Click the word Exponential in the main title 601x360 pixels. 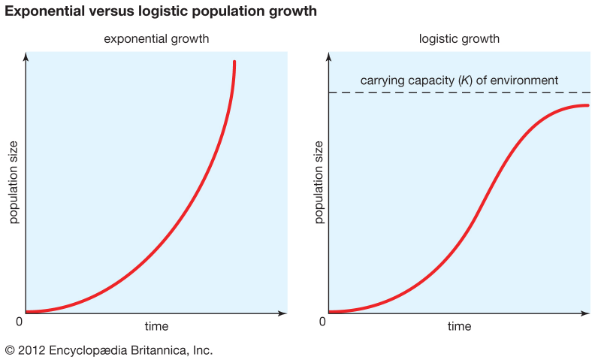(45, 11)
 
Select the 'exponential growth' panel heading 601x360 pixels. (156, 38)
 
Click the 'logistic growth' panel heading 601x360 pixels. (459, 38)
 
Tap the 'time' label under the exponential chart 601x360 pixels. (156, 326)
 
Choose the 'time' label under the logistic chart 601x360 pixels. (459, 326)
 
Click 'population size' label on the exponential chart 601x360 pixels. (13, 182)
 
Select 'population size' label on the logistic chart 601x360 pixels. (318, 182)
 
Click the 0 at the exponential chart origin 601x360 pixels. (20, 322)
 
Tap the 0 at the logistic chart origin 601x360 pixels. (322, 322)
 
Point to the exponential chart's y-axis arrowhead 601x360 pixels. (26, 56)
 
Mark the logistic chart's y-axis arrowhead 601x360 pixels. (329, 56)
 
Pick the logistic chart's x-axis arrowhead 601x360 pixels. (587, 312)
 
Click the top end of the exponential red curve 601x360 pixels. (234, 62)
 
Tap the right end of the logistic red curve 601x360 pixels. (588, 105)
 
